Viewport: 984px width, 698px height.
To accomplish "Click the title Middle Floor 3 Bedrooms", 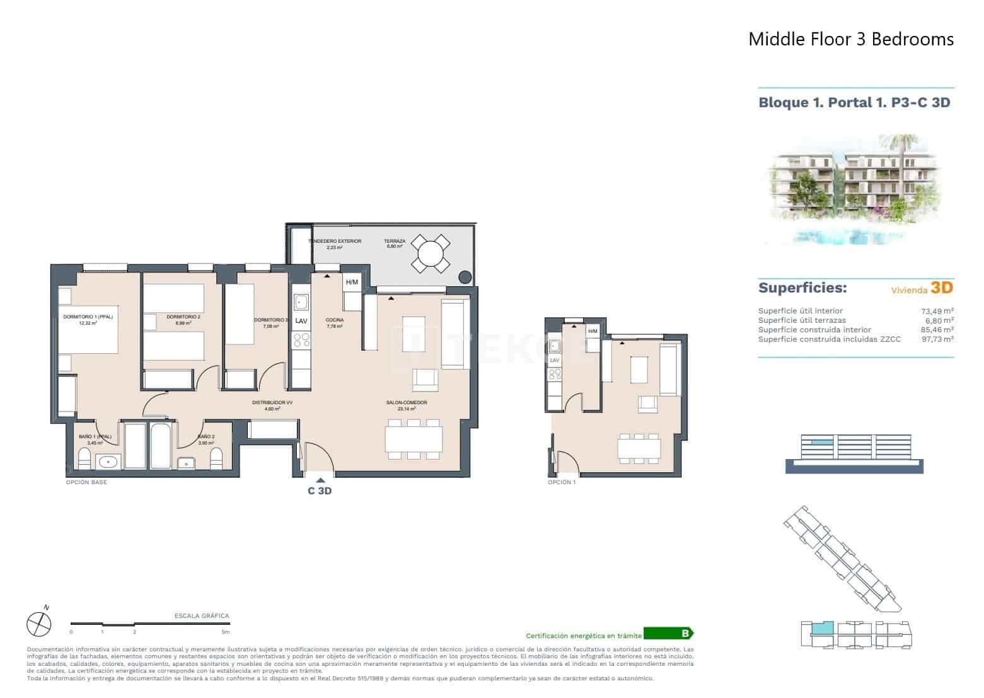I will pos(850,39).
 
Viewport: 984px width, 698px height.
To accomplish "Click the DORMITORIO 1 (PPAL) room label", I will pos(88,317).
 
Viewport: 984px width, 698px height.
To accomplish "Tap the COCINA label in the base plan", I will pos(334,320).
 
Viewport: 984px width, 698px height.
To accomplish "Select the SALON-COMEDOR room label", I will pos(407,402).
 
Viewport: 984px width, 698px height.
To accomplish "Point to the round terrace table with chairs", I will pos(431,253).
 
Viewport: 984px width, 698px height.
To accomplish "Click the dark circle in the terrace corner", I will pos(465,276).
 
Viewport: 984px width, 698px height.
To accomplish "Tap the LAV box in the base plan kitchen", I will pos(301,320).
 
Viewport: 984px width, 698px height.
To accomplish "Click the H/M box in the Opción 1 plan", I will pos(592,332).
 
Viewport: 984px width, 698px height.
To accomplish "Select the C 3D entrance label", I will pos(320,491).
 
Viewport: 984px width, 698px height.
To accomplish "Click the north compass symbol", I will pos(38,624).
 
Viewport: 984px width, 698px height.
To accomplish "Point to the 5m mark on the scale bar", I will pos(226,631).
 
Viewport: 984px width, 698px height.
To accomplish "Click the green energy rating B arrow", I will pos(669,634).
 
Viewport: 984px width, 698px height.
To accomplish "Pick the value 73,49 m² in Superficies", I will pos(937,311).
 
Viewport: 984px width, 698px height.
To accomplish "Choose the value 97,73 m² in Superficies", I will pos(937,339).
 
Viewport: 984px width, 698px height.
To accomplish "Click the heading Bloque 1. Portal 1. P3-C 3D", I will pos(854,103).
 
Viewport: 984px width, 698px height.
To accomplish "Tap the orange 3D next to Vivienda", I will pos(942,288).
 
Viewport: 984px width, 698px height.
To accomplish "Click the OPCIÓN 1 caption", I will pos(562,482).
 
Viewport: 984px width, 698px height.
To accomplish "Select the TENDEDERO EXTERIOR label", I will pos(335,241).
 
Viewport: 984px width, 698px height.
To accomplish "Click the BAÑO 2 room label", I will pos(206,436).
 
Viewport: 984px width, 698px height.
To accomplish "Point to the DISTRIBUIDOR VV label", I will pos(272,402).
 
